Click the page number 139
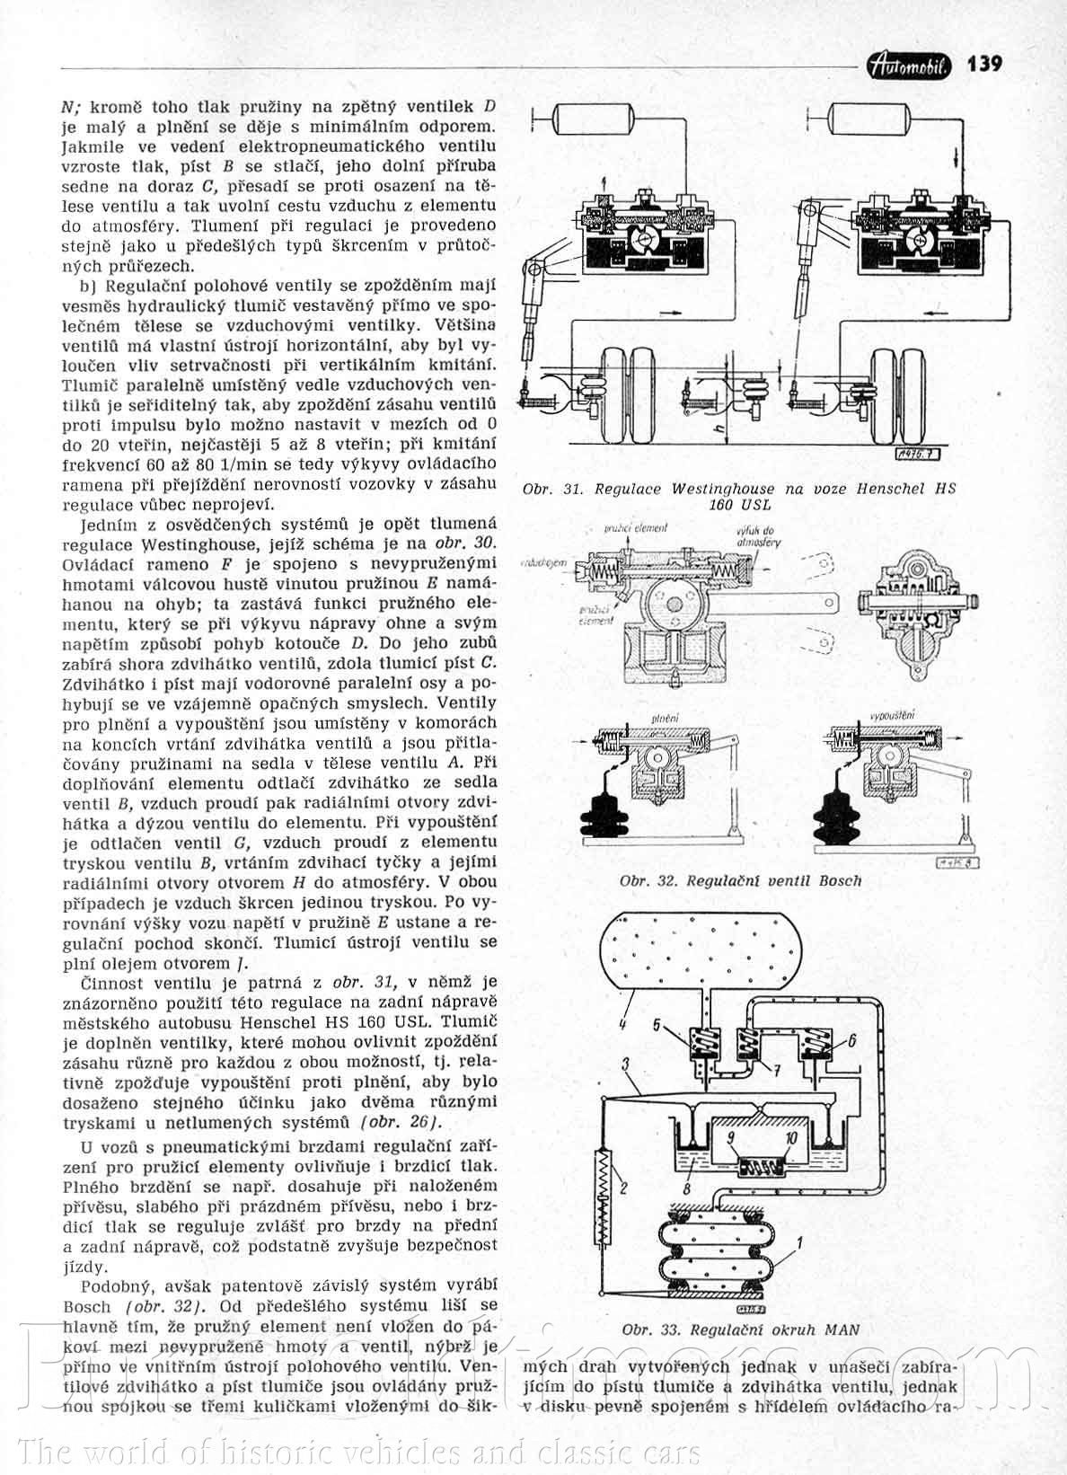(984, 64)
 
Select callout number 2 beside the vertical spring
(622, 1188)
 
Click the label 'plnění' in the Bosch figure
(665, 719)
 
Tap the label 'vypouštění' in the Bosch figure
(892, 716)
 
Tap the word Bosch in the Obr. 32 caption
(840, 881)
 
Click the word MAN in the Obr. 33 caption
(842, 1329)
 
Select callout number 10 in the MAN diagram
(791, 1136)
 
